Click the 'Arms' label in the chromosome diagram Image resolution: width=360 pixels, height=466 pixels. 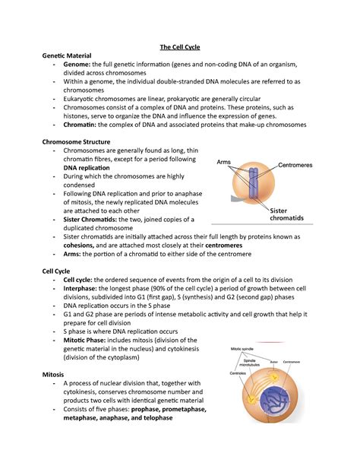(x=224, y=163)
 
